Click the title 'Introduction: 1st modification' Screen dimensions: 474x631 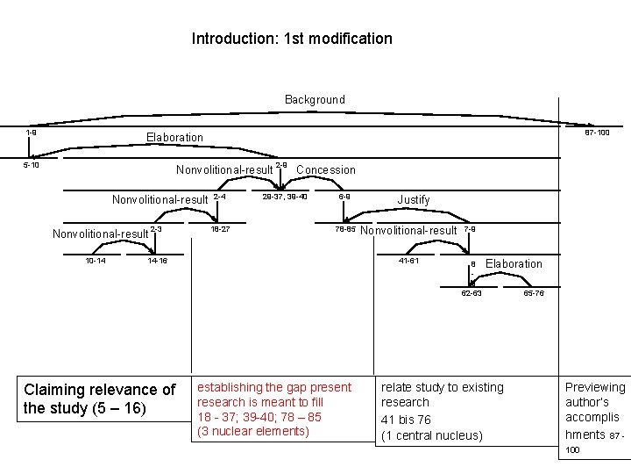point(292,39)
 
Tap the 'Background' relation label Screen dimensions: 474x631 point(315,100)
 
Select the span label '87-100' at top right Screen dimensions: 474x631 point(597,133)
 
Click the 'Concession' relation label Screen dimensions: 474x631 point(326,169)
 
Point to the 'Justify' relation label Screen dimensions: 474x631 point(414,200)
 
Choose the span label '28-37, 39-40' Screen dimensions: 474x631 point(284,197)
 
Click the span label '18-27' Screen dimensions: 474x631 point(220,229)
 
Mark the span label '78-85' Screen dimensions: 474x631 point(344,229)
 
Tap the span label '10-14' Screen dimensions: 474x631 point(96,261)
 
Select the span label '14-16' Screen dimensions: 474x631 point(158,261)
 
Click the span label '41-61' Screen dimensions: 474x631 point(408,261)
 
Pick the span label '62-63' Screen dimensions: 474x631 point(471,293)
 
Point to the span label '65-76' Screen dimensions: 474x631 point(534,293)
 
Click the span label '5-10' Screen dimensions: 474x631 point(31,164)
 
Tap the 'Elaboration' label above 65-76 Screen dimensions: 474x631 point(514,264)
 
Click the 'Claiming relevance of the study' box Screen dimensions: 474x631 point(100,399)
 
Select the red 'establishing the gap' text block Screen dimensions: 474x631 point(274,409)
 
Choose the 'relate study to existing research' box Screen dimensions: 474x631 point(442,411)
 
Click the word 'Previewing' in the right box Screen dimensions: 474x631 point(595,387)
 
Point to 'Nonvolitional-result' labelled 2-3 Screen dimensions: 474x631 point(100,233)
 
